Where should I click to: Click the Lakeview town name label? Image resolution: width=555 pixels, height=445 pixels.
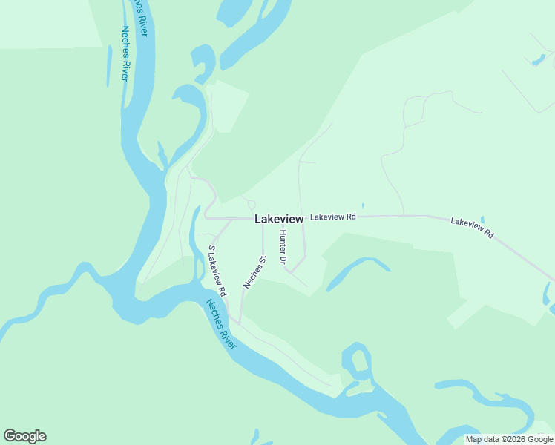pyautogui.click(x=279, y=219)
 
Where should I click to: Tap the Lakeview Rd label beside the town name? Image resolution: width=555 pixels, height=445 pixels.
pyautogui.click(x=333, y=217)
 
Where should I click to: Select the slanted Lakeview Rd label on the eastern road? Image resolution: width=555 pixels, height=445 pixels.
pyautogui.click(x=473, y=228)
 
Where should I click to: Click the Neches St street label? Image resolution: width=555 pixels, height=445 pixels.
pyautogui.click(x=254, y=272)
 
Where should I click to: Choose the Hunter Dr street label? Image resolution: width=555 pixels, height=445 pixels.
pyautogui.click(x=283, y=247)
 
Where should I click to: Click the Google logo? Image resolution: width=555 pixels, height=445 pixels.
pyautogui.click(x=24, y=436)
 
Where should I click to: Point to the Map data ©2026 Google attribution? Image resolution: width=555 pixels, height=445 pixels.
pyautogui.click(x=510, y=439)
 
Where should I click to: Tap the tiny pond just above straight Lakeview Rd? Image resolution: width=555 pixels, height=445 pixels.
pyautogui.click(x=363, y=206)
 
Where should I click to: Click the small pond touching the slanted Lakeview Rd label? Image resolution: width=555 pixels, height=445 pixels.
pyautogui.click(x=482, y=220)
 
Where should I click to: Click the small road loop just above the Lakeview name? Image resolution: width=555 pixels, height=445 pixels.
pyautogui.click(x=252, y=205)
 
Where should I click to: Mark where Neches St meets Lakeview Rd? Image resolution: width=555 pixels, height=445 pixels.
pyautogui.click(x=263, y=220)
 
